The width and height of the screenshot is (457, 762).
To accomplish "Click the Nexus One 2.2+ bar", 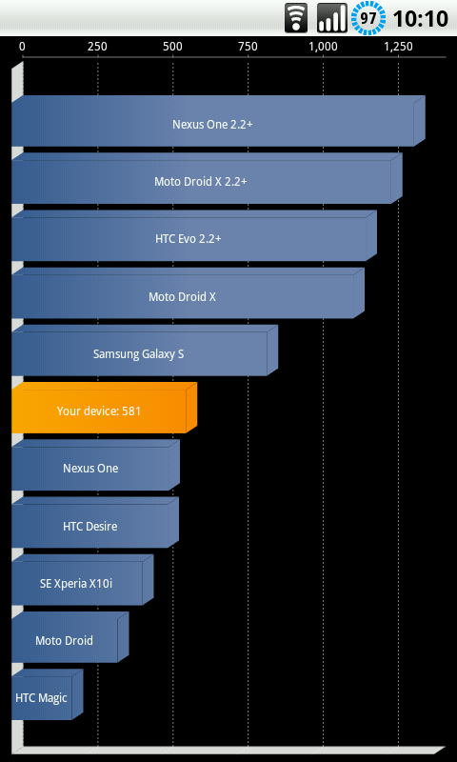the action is (x=219, y=121).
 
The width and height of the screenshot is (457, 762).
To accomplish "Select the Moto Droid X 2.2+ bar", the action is (x=207, y=178).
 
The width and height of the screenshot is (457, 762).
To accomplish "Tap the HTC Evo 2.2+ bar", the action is (x=194, y=235).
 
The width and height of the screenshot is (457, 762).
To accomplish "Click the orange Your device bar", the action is (x=105, y=408).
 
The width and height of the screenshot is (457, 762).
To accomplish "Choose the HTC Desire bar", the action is (x=95, y=522).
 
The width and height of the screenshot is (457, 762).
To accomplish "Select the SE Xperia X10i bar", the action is (x=83, y=580).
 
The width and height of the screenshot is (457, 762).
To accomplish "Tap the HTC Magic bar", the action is (x=48, y=694).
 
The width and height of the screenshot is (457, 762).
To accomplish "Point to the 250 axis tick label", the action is (x=97, y=47).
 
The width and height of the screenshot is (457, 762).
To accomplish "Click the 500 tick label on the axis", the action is (x=172, y=47).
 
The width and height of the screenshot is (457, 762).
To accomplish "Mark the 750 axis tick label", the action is (x=248, y=47).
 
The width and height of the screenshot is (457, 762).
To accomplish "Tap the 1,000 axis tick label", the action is (x=323, y=47).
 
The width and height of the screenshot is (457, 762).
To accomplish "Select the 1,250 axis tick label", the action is (x=398, y=47).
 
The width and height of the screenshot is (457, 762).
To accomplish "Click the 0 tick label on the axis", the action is (x=22, y=47).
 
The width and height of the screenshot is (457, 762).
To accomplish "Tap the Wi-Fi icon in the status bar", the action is (x=296, y=18).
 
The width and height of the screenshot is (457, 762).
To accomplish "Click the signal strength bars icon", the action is (x=332, y=18).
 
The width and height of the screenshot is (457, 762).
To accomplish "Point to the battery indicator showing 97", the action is (x=368, y=18).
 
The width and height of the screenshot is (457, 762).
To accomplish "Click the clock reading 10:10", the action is (x=420, y=19).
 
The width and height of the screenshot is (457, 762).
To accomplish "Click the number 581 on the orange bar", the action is (x=131, y=411).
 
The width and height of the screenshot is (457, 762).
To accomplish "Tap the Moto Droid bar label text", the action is (x=64, y=640).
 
